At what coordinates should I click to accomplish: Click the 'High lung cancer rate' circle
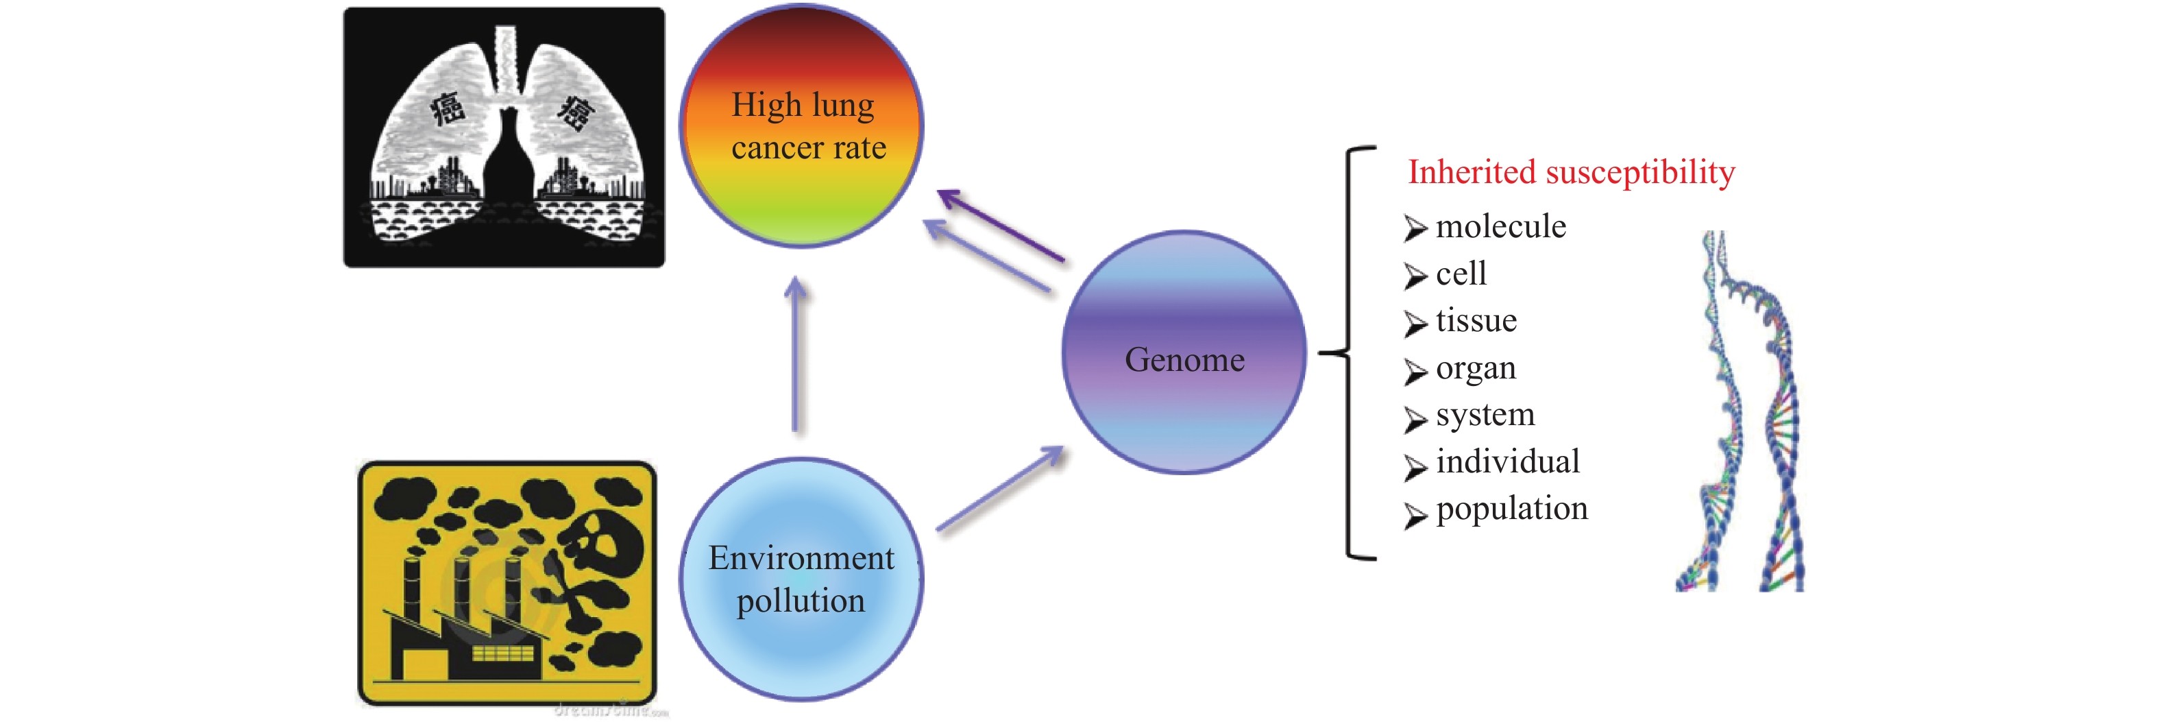801,125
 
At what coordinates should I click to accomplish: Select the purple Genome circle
1184,352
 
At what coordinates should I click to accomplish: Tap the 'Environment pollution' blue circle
801,579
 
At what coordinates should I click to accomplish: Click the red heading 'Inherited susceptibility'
1571,172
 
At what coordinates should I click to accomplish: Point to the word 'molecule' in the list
1500,226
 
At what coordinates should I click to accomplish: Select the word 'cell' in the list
1461,274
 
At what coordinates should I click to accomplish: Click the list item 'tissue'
1476,320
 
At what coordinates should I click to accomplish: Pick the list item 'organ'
1476,368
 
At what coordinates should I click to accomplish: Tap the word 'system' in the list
1485,414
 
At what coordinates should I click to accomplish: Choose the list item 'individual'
1507,461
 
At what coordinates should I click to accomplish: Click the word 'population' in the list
1512,508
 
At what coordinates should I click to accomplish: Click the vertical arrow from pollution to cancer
795,357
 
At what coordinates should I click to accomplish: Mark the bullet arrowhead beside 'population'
1415,515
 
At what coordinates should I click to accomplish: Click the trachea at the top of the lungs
505,59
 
